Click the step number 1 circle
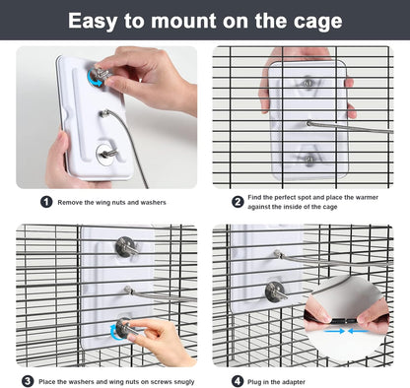click(46, 202)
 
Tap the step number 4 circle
click(238, 379)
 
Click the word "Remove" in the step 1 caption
click(76, 202)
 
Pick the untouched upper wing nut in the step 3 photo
click(125, 246)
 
